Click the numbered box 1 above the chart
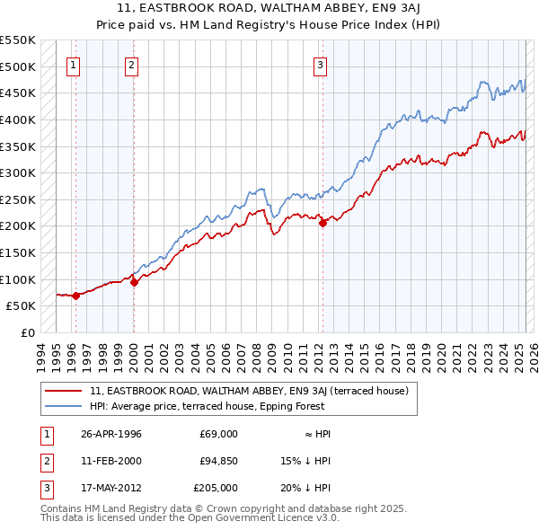[x=73, y=64]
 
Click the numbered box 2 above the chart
[x=131, y=64]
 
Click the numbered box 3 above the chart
[x=320, y=64]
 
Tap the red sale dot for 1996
[x=76, y=296]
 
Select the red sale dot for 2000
[x=135, y=282]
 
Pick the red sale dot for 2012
[x=323, y=224]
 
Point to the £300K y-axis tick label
[x=17, y=172]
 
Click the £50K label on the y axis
[x=21, y=306]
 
